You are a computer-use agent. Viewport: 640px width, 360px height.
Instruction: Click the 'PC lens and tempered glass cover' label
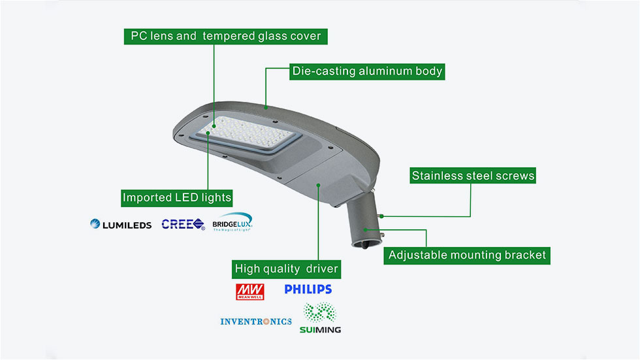pos(225,36)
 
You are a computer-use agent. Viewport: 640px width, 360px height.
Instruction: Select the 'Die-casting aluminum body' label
pos(367,71)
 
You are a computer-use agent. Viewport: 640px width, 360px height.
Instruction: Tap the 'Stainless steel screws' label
pos(473,176)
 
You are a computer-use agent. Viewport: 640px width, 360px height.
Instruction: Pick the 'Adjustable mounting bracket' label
pos(467,255)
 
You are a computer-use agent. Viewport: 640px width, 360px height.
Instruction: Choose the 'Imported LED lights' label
pos(177,197)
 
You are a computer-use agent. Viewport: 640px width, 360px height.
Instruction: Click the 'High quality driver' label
pos(287,269)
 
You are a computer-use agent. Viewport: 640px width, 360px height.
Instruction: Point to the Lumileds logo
pos(121,225)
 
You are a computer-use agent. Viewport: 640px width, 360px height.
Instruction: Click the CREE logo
pos(183,224)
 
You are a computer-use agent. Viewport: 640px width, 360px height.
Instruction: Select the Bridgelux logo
pos(232,223)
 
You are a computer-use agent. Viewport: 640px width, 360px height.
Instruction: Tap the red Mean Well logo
pos(246,290)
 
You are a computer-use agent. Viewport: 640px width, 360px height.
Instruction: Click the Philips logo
pos(308,289)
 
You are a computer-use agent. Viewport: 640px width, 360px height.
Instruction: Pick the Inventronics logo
pos(256,321)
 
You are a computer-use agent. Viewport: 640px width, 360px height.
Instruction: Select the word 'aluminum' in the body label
pos(386,71)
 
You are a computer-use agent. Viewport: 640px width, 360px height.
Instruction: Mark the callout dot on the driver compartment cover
pos(318,185)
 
